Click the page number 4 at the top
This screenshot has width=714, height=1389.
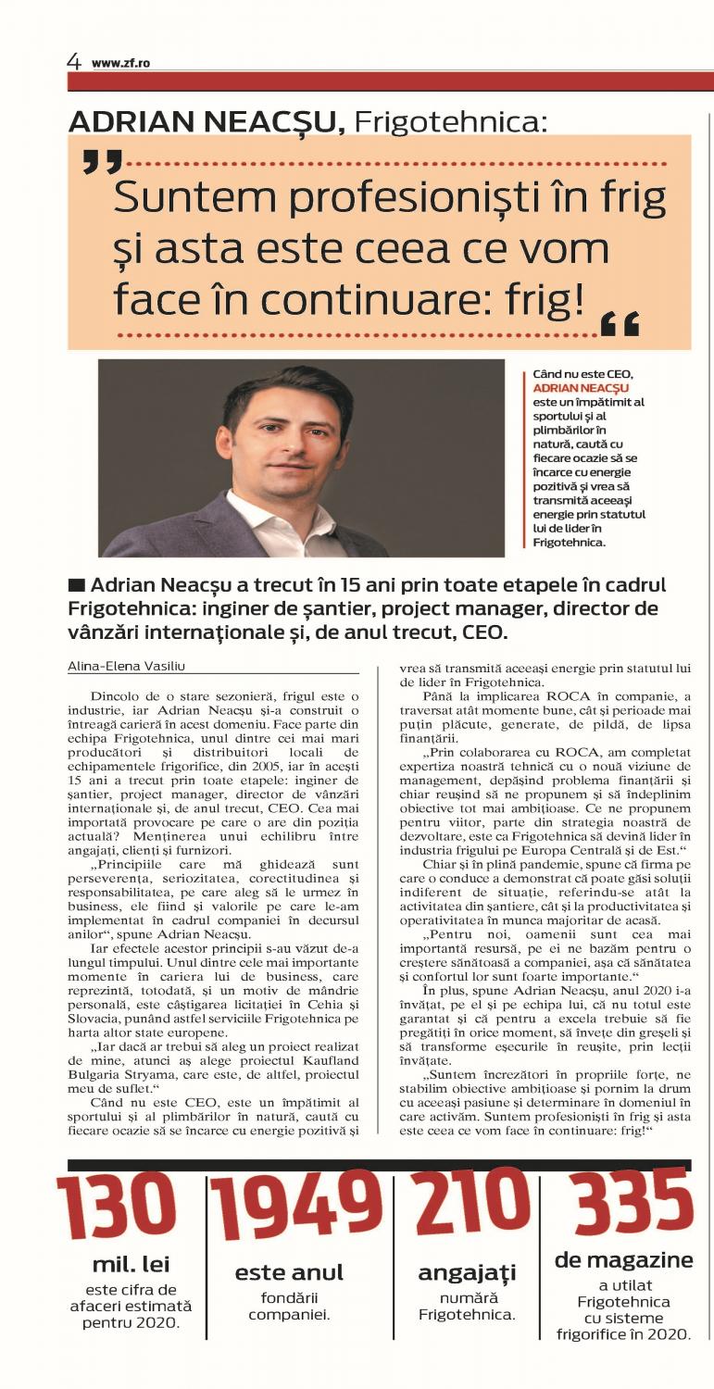[x=73, y=61]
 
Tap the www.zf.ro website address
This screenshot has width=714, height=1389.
[x=120, y=63]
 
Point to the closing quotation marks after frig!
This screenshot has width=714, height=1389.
[x=620, y=324]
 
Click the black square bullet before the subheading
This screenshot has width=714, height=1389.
[x=77, y=585]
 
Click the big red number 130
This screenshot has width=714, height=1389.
[x=116, y=1208]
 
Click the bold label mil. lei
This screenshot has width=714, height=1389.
[x=131, y=1265]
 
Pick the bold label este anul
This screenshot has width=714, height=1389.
[x=289, y=1272]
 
